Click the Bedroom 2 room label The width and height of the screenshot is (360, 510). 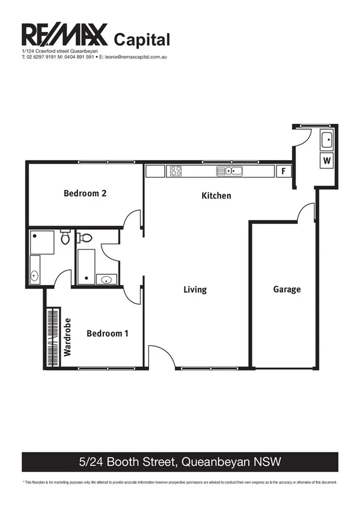(x=85, y=194)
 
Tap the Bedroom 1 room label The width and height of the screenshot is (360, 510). (x=108, y=333)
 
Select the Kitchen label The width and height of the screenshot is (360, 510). (x=216, y=196)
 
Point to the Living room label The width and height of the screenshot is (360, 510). (x=195, y=290)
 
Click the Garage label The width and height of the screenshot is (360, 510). (x=287, y=289)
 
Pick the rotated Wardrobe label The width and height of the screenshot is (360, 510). (x=68, y=337)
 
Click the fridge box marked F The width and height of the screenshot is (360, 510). (x=284, y=171)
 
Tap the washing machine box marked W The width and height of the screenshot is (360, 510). (x=326, y=161)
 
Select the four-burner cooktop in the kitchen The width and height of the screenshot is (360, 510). (x=175, y=171)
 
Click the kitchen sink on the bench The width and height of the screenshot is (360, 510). (x=230, y=171)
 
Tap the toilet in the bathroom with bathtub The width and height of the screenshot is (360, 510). (x=85, y=238)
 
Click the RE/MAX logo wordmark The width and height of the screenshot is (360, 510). (x=64, y=35)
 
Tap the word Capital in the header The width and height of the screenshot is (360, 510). (x=142, y=39)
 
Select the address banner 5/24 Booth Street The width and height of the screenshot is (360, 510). (x=180, y=462)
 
